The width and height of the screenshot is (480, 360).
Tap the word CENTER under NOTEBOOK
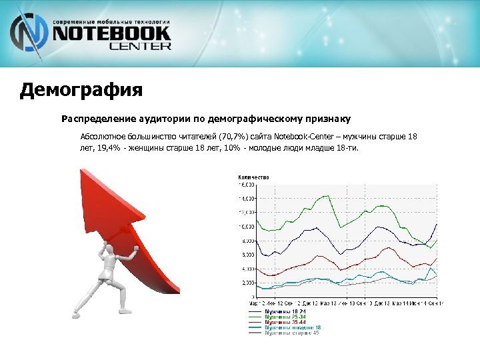[x=140, y=47]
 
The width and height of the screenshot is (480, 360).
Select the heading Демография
[x=81, y=89]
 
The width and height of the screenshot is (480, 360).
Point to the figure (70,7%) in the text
[x=233, y=137]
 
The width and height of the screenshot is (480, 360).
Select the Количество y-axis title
[x=253, y=177]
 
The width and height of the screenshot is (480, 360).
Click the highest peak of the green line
[x=327, y=195]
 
